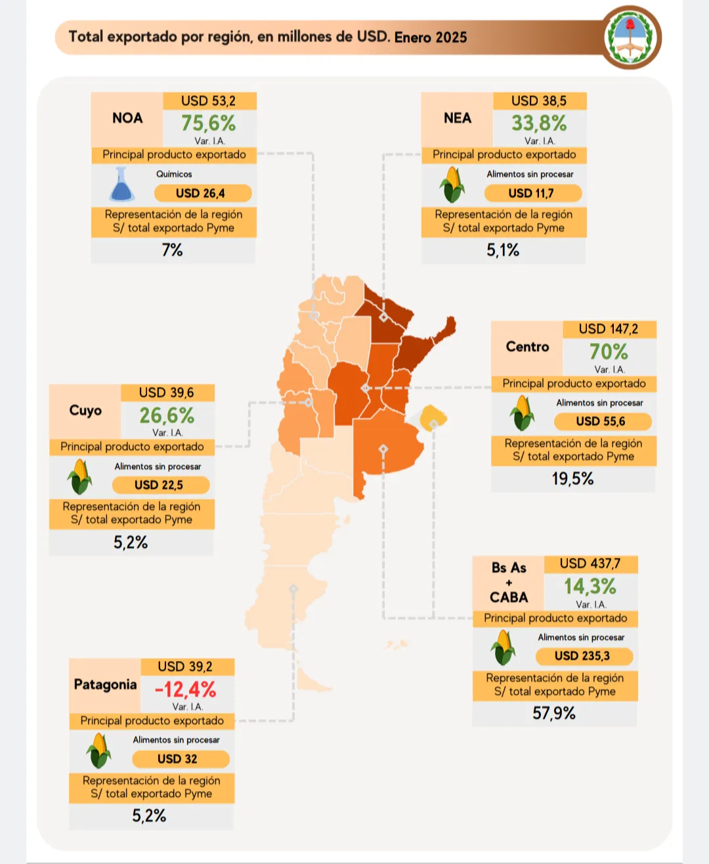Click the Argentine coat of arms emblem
(x=631, y=37)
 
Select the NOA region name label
(x=127, y=118)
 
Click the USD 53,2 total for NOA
(x=208, y=101)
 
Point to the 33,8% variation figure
(x=539, y=124)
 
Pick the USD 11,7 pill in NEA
(x=532, y=193)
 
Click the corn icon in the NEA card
(x=452, y=185)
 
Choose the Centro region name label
(x=527, y=347)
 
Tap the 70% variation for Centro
(x=609, y=352)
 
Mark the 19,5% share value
(x=572, y=479)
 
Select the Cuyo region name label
(x=85, y=411)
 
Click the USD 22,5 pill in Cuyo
(x=160, y=485)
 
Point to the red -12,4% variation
(x=185, y=689)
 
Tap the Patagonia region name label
(x=105, y=685)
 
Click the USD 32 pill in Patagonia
(x=178, y=759)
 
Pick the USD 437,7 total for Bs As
(x=590, y=564)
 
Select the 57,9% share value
(x=554, y=714)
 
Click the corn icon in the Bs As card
(x=504, y=647)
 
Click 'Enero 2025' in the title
(x=431, y=37)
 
